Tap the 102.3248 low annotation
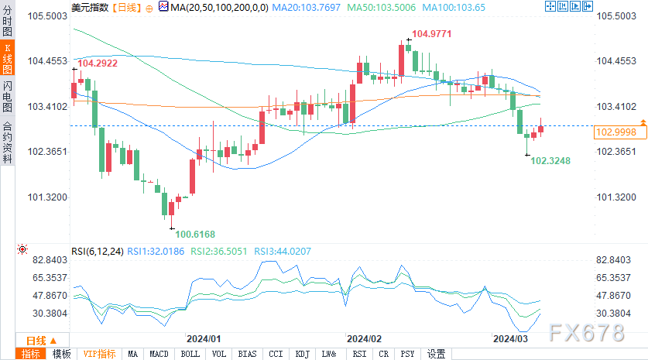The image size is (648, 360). (550, 161)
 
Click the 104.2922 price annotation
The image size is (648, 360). (98, 63)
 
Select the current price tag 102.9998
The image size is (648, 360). (615, 132)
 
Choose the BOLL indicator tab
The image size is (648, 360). (190, 354)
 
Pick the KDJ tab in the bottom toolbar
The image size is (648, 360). (302, 354)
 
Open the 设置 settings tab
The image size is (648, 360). (436, 354)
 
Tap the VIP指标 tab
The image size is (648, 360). (100, 354)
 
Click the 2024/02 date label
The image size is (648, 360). (365, 339)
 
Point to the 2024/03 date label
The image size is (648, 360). (512, 339)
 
